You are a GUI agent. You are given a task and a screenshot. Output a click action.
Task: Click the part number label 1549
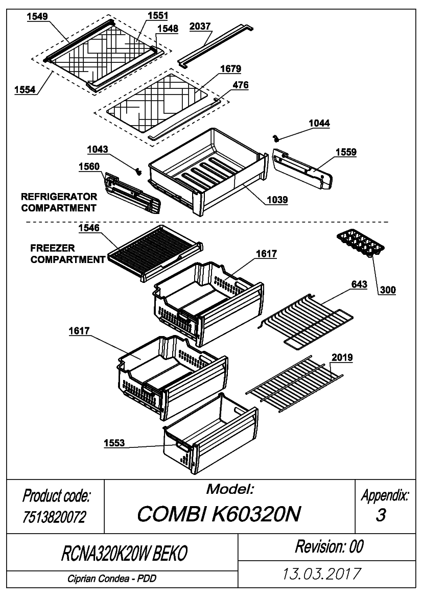[37, 16]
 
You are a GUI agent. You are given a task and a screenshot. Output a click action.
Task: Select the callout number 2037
[200, 26]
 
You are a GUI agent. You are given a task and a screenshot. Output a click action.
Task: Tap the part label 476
[240, 85]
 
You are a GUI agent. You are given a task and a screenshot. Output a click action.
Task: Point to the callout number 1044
[319, 124]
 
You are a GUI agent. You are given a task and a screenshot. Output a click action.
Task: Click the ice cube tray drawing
[360, 243]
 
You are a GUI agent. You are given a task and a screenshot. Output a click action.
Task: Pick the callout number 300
[388, 290]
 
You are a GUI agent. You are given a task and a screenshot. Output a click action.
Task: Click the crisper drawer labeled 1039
[209, 171]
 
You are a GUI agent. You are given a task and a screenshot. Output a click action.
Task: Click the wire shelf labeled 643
[306, 320]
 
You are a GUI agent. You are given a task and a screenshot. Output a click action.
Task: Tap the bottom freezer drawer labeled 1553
[210, 434]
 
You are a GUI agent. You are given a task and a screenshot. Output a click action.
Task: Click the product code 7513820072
[55, 517]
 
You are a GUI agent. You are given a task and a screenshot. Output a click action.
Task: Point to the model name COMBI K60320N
[219, 514]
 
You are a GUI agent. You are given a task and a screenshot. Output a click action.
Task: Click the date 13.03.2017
[321, 574]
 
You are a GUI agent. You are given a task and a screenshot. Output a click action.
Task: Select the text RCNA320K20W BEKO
[124, 553]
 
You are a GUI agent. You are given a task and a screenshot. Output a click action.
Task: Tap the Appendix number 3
[381, 515]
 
